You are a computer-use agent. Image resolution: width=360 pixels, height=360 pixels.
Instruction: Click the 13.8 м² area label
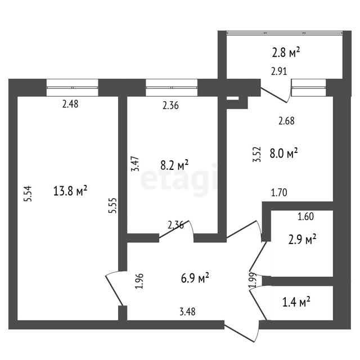click(x=70, y=191)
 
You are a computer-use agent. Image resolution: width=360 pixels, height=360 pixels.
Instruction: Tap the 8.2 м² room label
click(x=174, y=165)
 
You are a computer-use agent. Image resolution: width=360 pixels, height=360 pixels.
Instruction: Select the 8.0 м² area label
click(x=283, y=153)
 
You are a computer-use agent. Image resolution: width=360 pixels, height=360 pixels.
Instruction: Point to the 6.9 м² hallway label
click(x=195, y=278)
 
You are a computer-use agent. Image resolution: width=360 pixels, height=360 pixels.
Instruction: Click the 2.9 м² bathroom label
click(x=303, y=240)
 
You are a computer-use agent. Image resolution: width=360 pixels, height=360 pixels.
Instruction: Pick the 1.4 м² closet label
click(x=296, y=301)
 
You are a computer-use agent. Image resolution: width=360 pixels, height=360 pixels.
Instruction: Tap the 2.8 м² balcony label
click(x=286, y=52)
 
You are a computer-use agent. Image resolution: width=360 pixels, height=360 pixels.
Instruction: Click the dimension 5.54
click(x=28, y=193)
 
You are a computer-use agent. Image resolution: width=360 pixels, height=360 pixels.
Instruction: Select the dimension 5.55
click(x=112, y=205)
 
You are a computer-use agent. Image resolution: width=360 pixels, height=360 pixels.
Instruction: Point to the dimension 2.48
click(x=70, y=104)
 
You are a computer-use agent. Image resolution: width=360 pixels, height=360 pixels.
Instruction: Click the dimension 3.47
click(x=135, y=164)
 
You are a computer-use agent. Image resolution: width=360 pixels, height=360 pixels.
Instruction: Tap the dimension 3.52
click(x=257, y=155)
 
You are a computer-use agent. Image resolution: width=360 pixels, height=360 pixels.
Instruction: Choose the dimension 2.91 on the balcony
click(x=279, y=71)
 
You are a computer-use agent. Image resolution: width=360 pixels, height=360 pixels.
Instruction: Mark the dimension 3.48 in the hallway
click(x=187, y=312)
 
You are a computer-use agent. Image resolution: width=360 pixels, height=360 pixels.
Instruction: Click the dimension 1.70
click(x=279, y=192)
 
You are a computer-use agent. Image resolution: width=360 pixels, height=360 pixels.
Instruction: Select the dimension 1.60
click(x=306, y=217)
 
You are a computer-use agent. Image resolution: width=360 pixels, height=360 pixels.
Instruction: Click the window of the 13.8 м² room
click(x=73, y=88)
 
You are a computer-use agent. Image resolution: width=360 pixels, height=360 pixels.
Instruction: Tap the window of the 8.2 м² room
click(x=172, y=88)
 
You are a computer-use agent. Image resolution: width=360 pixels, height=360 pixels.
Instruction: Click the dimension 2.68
click(x=286, y=121)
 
